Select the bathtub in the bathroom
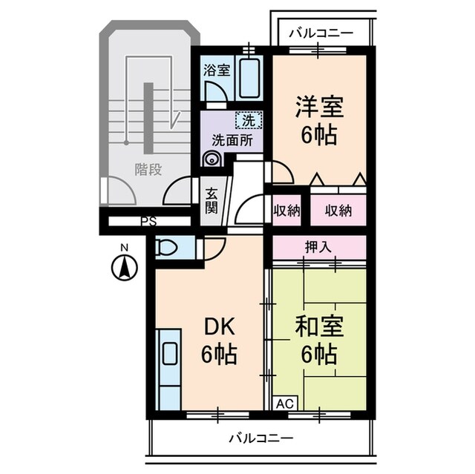coord(249,77)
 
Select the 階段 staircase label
coord(148,170)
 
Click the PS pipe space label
coord(149,221)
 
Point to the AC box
coord(284,404)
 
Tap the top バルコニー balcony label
coord(320,34)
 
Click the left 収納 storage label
coord(286,210)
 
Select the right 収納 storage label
coord(338,210)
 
